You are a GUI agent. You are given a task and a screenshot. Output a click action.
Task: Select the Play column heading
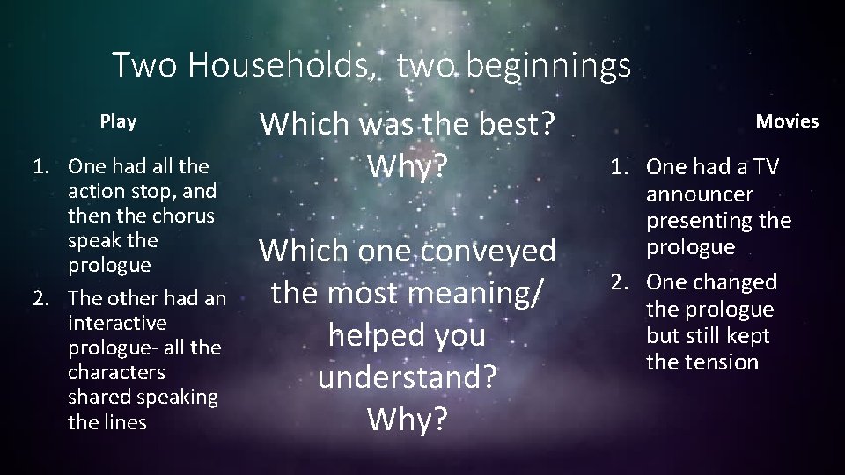pyautogui.click(x=118, y=121)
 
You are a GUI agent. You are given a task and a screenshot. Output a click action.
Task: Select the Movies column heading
pyautogui.click(x=787, y=121)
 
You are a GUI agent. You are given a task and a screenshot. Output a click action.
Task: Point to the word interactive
pyautogui.click(x=117, y=323)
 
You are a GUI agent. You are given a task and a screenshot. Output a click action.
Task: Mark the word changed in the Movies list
pyautogui.click(x=734, y=282)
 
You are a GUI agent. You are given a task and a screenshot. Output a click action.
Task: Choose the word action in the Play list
pyautogui.click(x=94, y=190)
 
